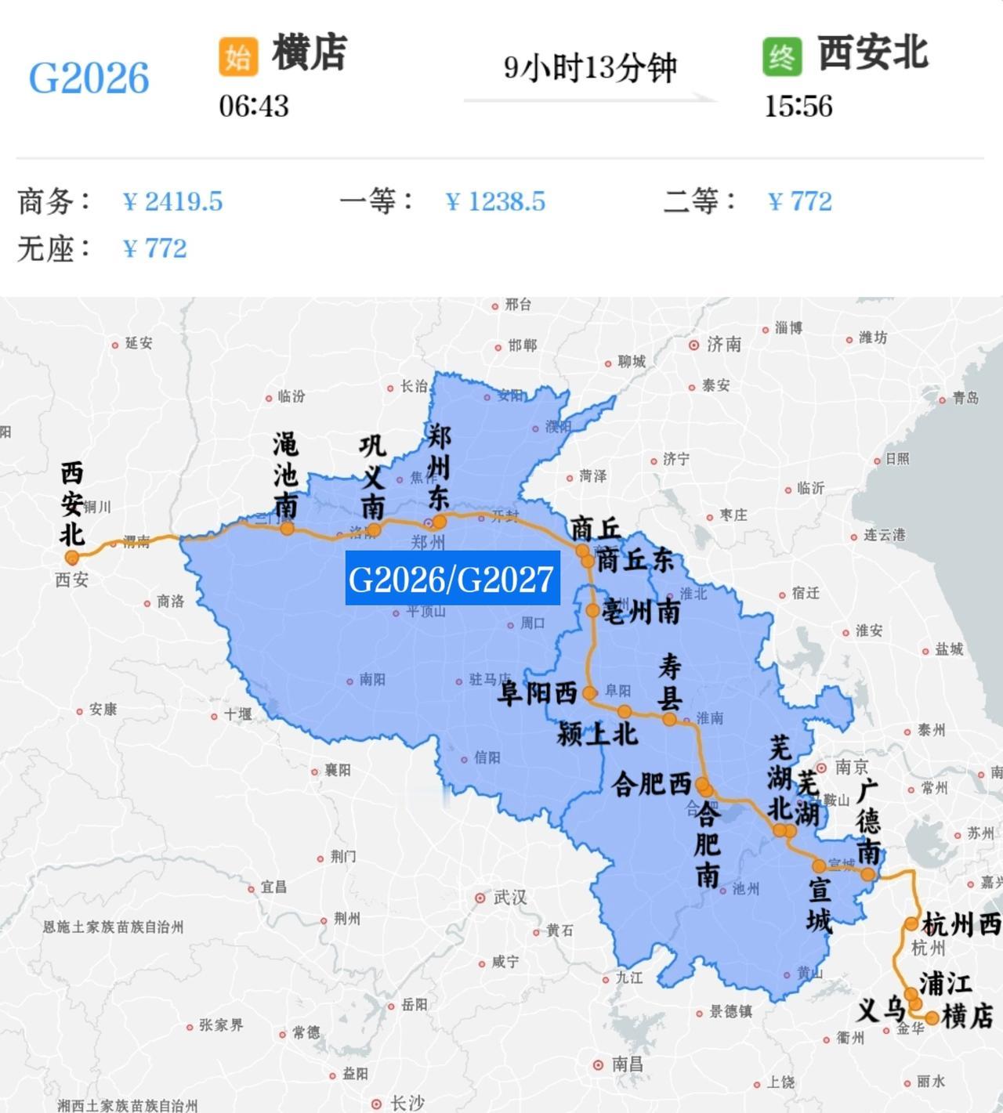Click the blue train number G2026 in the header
[x=89, y=78]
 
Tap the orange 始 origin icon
[x=238, y=57]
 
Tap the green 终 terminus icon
[x=782, y=57]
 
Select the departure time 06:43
[x=254, y=106]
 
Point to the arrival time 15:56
[x=798, y=106]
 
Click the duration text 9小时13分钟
[x=589, y=68]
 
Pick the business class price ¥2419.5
[x=172, y=202]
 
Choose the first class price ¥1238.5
[x=494, y=202]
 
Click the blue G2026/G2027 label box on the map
[x=452, y=579]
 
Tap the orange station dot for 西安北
[x=72, y=558]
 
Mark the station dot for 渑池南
[x=288, y=529]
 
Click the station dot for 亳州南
[x=592, y=610]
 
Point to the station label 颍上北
[x=597, y=734]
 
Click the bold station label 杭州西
[x=961, y=925]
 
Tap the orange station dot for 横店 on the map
[x=932, y=1018]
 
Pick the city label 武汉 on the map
[x=509, y=898]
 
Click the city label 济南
[x=723, y=345]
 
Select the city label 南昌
[x=627, y=1064]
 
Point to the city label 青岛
[x=965, y=398]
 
